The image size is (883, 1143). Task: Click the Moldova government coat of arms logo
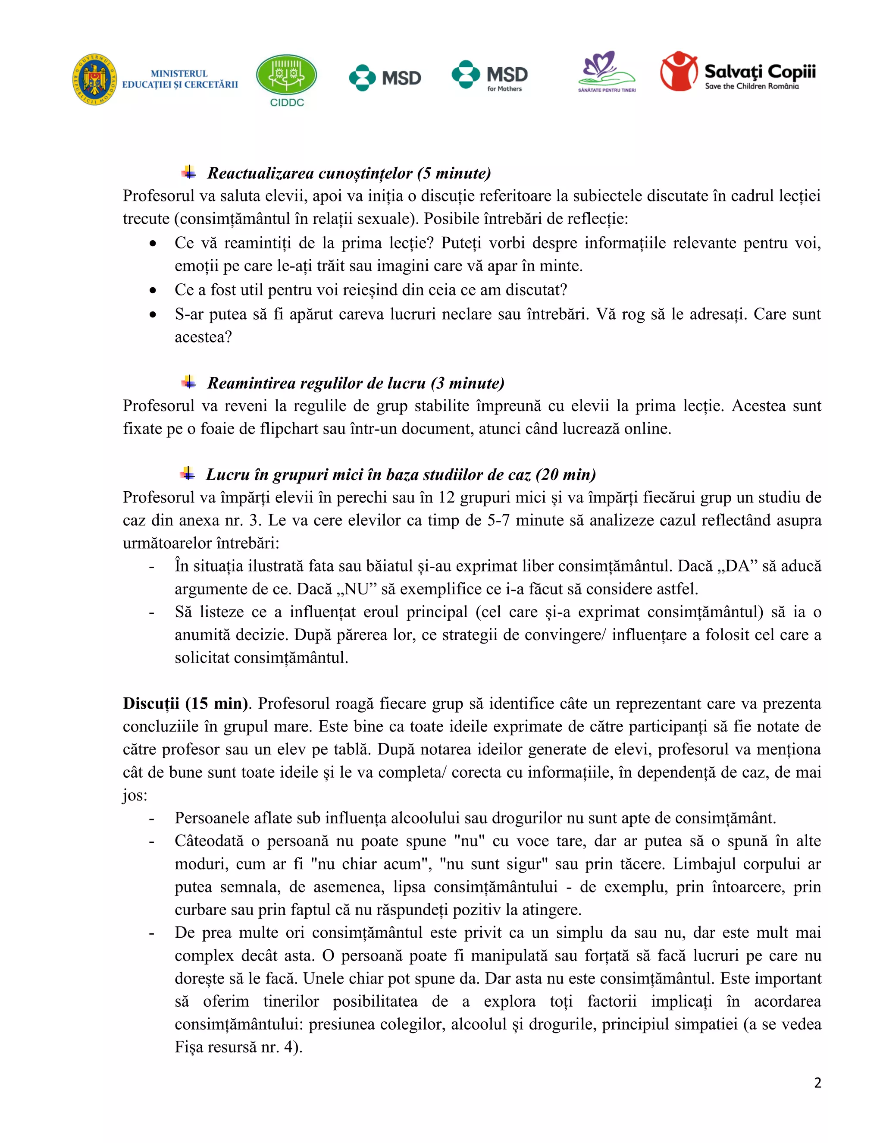[x=95, y=79]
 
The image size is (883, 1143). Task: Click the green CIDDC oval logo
[x=286, y=75]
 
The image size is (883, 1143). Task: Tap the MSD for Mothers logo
[x=490, y=76]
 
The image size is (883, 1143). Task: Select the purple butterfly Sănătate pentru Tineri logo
[x=606, y=72]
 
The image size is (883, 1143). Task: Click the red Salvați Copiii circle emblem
[x=679, y=71]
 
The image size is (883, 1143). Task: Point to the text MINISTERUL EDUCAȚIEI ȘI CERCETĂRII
[x=179, y=79]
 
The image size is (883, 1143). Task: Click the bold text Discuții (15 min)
[x=185, y=703]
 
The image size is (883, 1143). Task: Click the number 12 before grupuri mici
[x=446, y=497]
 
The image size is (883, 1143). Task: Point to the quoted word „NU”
[x=356, y=589]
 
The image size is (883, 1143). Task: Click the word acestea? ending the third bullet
[x=203, y=337]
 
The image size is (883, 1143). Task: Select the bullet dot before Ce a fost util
[x=152, y=290]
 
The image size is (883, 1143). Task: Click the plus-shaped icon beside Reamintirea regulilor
[x=189, y=382]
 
